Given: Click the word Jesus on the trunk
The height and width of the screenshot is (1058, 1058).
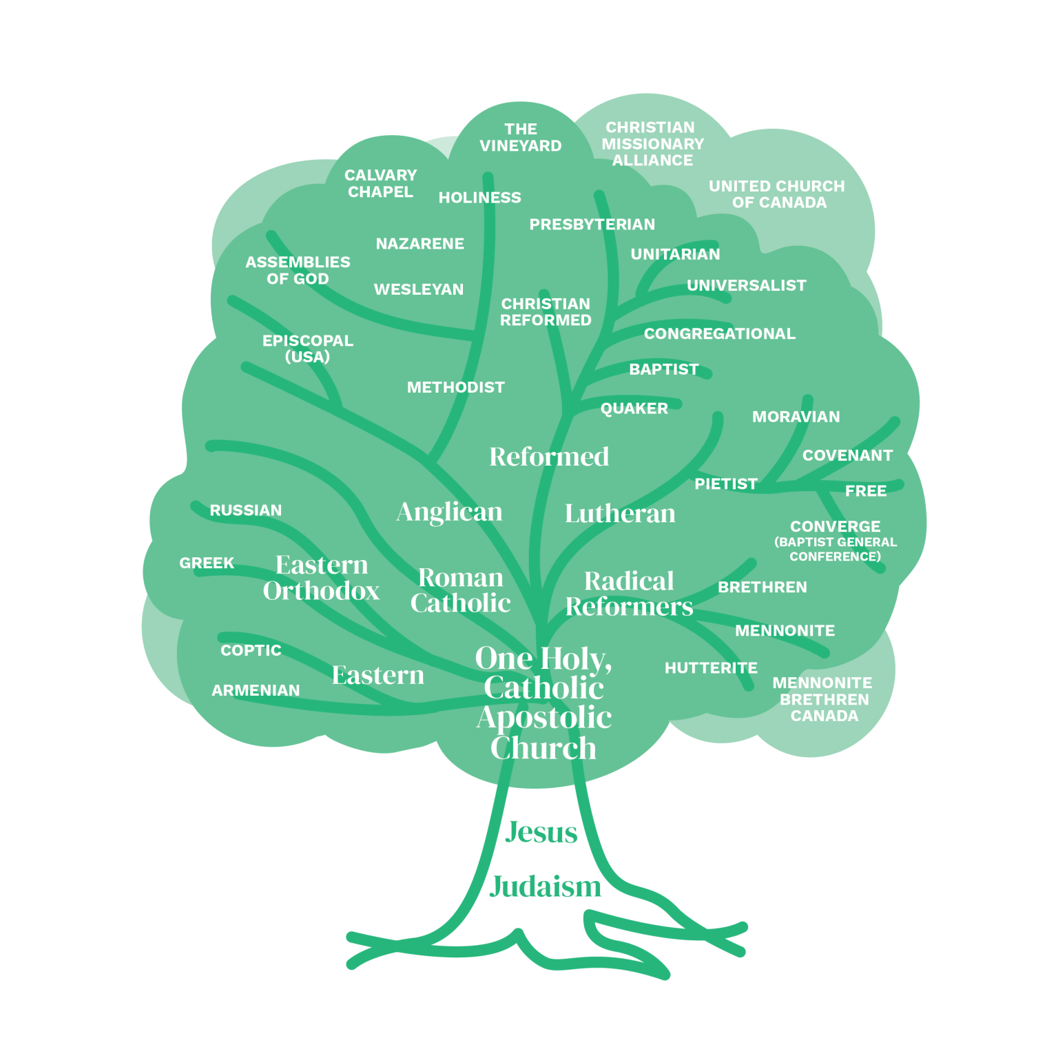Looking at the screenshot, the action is [x=541, y=832].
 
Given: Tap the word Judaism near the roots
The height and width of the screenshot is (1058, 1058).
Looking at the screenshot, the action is [x=545, y=886].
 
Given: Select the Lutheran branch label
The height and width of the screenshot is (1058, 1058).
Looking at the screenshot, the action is [x=620, y=513].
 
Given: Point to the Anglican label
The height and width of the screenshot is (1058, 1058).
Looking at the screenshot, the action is [x=449, y=512].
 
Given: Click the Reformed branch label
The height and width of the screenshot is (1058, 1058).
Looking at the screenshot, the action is [x=549, y=456].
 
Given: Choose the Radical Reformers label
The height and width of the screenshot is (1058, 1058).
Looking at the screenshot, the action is [x=629, y=593].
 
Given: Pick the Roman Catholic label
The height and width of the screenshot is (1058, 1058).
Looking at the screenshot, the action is [x=460, y=590].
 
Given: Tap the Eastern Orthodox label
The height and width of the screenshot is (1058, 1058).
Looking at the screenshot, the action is [x=321, y=577].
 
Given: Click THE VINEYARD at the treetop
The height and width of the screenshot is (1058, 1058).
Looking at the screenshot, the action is [x=521, y=138].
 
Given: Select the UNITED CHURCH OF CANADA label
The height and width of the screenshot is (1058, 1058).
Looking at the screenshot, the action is [x=777, y=194].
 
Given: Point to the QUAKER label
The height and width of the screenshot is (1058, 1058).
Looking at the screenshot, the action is [x=634, y=408].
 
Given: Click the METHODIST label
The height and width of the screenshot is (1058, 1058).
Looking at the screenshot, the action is [x=456, y=387].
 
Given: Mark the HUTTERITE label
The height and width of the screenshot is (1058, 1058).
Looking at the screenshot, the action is [x=711, y=668].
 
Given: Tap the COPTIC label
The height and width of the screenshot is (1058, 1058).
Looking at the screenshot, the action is [x=251, y=650].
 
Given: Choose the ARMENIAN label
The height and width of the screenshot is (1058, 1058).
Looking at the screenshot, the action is [x=256, y=690].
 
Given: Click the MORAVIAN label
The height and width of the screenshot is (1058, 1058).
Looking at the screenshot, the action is [x=796, y=417].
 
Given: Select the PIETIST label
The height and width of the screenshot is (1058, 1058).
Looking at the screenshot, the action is [x=726, y=484].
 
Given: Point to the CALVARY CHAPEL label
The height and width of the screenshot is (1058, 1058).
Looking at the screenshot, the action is [x=381, y=184].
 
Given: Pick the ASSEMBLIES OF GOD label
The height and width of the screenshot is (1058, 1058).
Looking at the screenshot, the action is [x=298, y=271].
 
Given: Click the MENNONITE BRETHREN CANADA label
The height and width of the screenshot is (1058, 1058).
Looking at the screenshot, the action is [x=823, y=699].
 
